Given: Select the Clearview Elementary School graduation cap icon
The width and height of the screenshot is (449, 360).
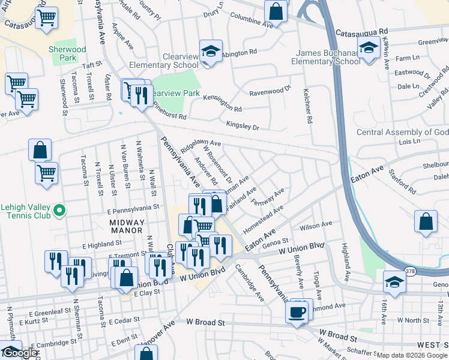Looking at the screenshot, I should (x=211, y=52).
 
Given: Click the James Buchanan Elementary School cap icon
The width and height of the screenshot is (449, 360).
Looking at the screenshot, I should (x=368, y=48).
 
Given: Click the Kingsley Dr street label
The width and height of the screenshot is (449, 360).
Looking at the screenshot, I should (x=243, y=127).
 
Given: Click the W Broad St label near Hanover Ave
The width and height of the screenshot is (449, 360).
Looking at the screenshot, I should (x=205, y=322).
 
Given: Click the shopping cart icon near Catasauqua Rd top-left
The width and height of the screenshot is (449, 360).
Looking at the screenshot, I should (x=46, y=17).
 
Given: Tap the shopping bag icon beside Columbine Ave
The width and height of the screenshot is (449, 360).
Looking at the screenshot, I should (x=276, y=10).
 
